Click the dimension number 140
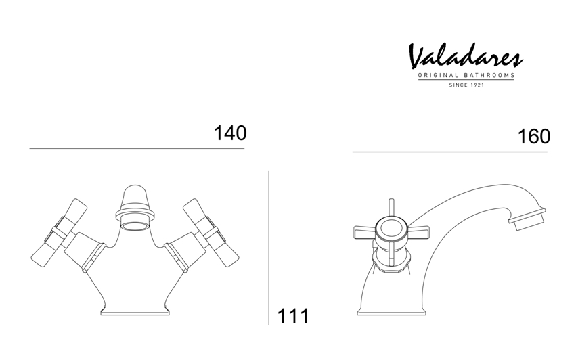[x=230, y=133]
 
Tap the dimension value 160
[x=534, y=136]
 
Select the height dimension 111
[x=293, y=316]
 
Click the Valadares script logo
[x=466, y=56]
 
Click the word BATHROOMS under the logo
[x=489, y=76]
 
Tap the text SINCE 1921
[x=466, y=85]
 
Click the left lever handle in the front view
[x=59, y=233]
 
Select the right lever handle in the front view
[x=211, y=233]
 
